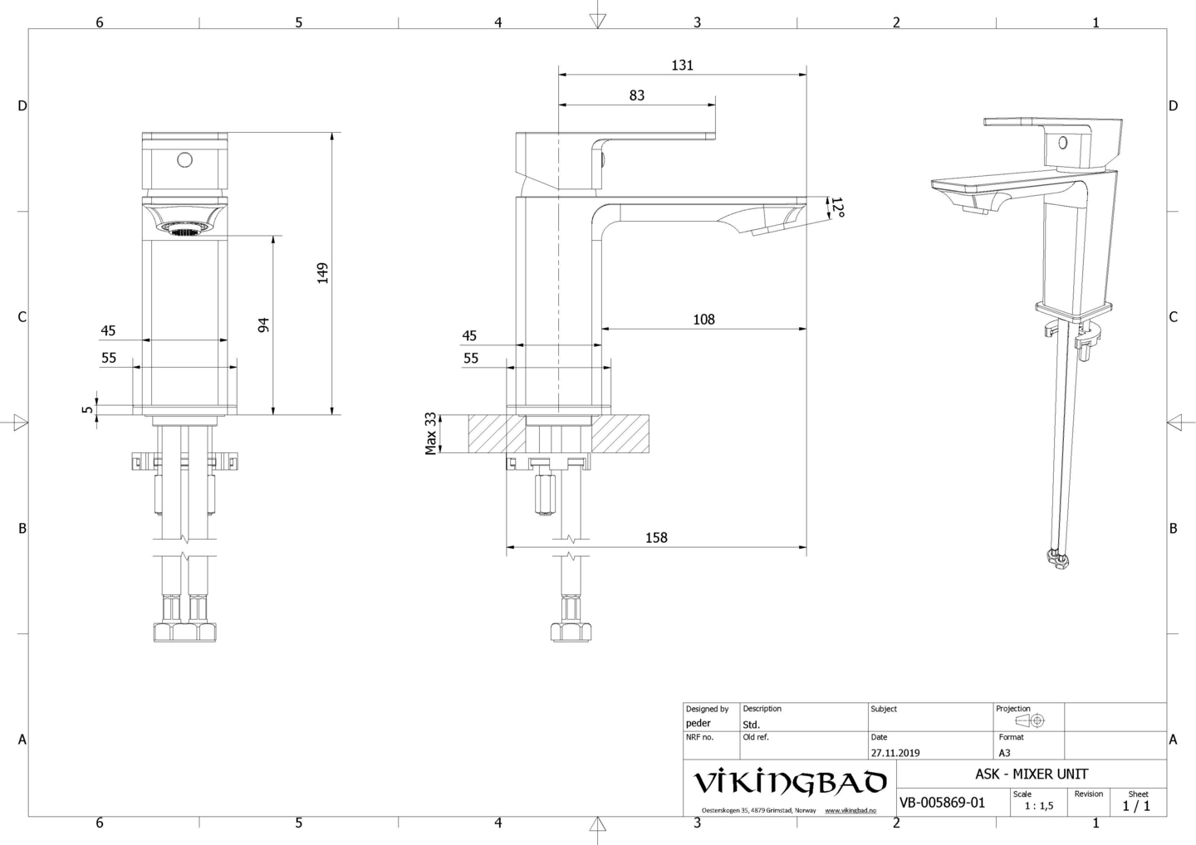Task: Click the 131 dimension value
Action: pyautogui.click(x=682, y=65)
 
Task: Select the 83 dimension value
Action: pyautogui.click(x=636, y=95)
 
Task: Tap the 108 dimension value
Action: pyautogui.click(x=703, y=319)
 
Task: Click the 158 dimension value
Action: pyautogui.click(x=656, y=537)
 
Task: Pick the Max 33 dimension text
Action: pyautogui.click(x=431, y=433)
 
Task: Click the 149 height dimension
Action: pyautogui.click(x=322, y=273)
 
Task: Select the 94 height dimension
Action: pyautogui.click(x=263, y=325)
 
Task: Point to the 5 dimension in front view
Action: pyautogui.click(x=86, y=408)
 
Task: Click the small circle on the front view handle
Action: pyautogui.click(x=184, y=159)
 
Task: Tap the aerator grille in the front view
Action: pyautogui.click(x=184, y=228)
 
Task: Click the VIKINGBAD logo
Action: pyautogui.click(x=789, y=783)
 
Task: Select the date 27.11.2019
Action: pyautogui.click(x=895, y=753)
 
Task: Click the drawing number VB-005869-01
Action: pyautogui.click(x=942, y=803)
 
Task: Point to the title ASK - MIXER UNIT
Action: pyautogui.click(x=1031, y=774)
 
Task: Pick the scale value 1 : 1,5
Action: pyautogui.click(x=1038, y=805)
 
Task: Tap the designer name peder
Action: pyautogui.click(x=698, y=723)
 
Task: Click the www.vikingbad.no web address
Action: pyautogui.click(x=850, y=810)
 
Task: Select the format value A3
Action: pyautogui.click(x=1004, y=753)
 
